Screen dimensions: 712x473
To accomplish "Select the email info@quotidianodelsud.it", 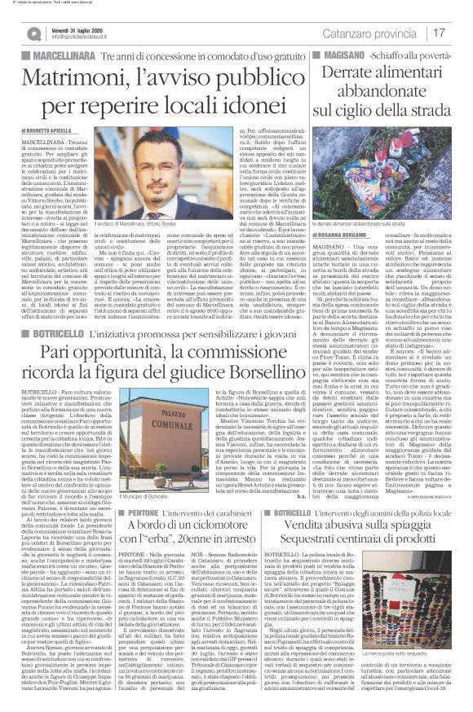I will tap(86, 37).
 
